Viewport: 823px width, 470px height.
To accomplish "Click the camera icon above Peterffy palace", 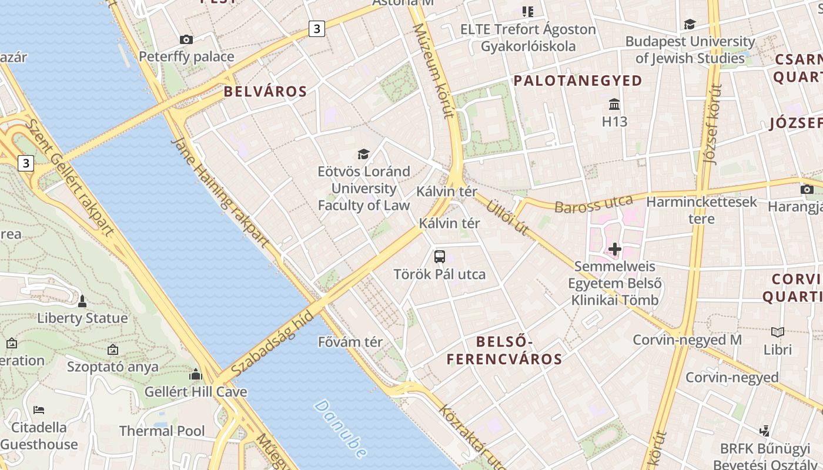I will point(186,39).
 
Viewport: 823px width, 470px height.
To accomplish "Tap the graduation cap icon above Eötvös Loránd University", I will point(364,154).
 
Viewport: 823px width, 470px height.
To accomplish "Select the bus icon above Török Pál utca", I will point(440,256).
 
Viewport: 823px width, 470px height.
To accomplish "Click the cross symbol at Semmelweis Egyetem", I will point(615,249).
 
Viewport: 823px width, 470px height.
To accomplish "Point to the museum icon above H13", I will point(615,105).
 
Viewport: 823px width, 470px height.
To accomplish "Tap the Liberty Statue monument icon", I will point(82,301).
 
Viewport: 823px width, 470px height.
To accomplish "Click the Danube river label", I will point(340,429).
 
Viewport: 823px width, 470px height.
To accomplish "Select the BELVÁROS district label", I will point(265,92).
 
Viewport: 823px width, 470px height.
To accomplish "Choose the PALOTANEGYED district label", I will point(578,81).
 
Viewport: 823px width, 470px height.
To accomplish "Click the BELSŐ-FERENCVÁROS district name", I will point(504,350).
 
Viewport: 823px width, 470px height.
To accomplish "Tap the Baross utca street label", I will point(593,204).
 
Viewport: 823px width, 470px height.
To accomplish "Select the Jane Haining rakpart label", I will point(220,192).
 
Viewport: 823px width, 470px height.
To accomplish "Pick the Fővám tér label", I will point(350,342).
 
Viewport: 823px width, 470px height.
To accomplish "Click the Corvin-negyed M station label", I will point(687,340).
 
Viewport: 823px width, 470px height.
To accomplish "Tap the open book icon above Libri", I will point(778,332).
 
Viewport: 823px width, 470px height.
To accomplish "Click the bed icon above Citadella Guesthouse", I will point(39,409).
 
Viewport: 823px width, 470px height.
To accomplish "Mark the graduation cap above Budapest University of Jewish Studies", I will point(690,24).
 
